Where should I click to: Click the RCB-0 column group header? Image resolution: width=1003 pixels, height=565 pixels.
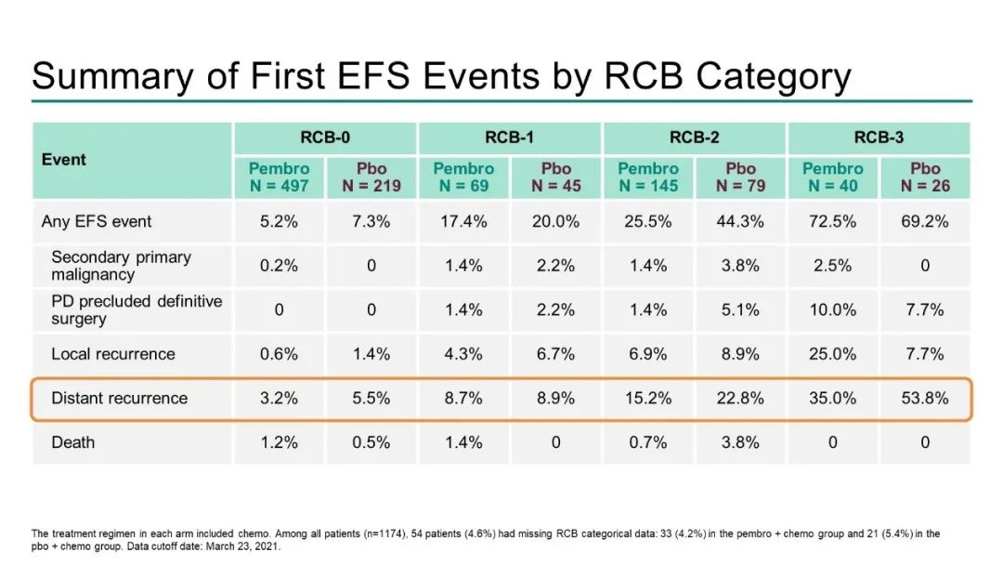coord(324,138)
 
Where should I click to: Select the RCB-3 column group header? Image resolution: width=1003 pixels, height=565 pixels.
coord(879,138)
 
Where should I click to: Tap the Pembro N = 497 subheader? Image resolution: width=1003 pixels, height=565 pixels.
coord(279,177)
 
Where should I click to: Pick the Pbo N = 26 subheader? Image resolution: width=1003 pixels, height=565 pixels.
coord(925,177)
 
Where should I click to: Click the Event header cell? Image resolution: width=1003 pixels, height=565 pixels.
coord(64,160)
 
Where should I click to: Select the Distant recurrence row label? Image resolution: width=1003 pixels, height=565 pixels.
coord(119,398)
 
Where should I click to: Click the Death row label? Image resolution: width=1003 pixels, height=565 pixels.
coord(73,442)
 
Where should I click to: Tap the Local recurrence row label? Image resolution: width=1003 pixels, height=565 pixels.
coord(113,354)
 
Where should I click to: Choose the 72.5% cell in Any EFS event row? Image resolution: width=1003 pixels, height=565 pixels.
coord(833,222)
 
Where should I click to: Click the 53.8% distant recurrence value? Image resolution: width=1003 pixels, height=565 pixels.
coord(925,398)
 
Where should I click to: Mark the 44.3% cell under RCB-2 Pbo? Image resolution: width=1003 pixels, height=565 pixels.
coord(741,222)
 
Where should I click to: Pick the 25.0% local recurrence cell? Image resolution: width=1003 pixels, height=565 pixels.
coord(833,354)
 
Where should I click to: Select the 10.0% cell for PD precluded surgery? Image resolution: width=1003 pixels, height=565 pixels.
coord(833,309)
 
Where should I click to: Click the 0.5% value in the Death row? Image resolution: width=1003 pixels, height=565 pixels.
coord(371,442)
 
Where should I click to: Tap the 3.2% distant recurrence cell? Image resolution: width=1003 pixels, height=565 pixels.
coord(279,398)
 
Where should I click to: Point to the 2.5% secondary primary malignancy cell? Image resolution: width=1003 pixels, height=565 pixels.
coord(833,266)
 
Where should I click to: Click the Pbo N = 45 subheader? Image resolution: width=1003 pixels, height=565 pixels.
coord(556,177)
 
